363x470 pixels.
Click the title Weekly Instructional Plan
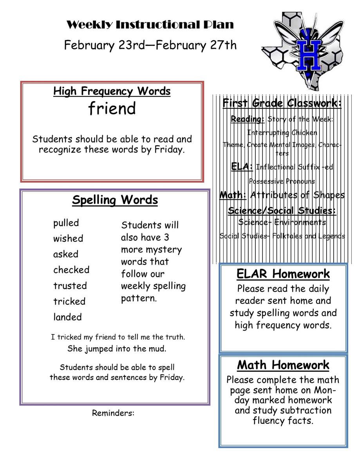(150, 25)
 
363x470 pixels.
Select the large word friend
(112, 108)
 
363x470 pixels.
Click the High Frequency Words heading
(112, 91)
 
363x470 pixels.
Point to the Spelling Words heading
(115, 200)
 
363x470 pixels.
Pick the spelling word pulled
(66, 223)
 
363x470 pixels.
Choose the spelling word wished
(68, 239)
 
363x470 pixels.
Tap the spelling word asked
(66, 254)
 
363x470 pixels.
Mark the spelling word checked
(71, 270)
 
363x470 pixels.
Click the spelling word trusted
(70, 286)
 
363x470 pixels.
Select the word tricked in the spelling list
(69, 302)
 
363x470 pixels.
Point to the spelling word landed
(67, 317)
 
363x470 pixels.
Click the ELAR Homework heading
(283, 274)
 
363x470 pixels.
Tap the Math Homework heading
(283, 365)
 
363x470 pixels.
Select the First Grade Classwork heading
(282, 103)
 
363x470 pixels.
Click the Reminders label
(113, 413)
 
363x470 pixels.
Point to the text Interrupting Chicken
(282, 132)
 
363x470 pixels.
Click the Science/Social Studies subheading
(282, 211)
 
